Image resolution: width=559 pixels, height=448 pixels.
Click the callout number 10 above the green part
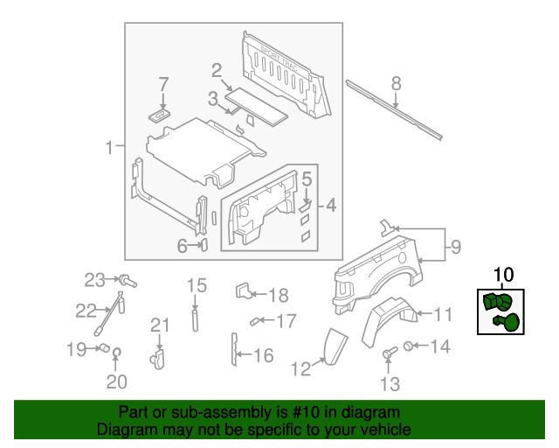(503, 275)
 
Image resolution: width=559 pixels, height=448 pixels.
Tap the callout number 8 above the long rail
(396, 84)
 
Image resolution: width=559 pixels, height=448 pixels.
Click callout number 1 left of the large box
(109, 148)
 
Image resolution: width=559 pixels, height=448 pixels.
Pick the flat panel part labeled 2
(259, 101)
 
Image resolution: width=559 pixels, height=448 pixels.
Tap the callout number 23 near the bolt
(94, 280)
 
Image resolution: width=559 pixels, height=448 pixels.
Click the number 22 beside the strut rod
(86, 310)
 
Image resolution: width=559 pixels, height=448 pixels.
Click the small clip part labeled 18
(244, 291)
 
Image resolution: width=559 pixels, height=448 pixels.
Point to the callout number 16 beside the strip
(262, 355)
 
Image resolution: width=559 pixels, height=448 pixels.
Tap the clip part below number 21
(158, 357)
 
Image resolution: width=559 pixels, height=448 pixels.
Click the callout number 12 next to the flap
(300, 369)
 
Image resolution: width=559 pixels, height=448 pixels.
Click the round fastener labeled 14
(407, 347)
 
